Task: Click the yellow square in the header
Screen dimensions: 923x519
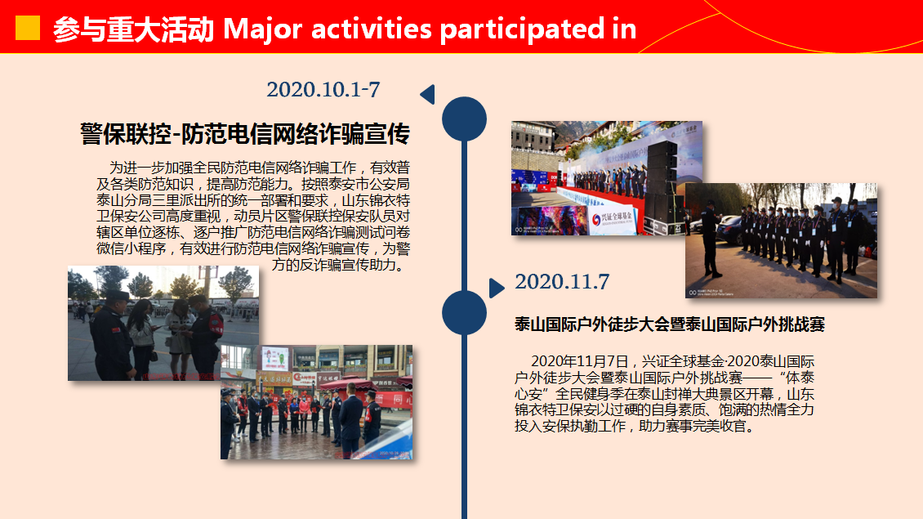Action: [28, 28]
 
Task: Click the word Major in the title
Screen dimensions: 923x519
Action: [262, 29]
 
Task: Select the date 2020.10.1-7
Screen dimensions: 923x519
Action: [323, 90]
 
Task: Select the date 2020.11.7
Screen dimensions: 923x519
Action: [562, 282]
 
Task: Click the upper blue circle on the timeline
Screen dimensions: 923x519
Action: [465, 119]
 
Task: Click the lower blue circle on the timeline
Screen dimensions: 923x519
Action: [465, 312]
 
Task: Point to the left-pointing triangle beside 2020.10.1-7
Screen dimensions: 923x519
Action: [428, 94]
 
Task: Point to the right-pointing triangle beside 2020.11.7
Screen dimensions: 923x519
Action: [497, 288]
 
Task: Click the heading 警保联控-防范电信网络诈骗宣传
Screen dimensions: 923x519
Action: [245, 134]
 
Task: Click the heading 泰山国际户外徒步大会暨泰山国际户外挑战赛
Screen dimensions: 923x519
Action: [670, 324]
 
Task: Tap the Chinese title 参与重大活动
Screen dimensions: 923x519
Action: [134, 29]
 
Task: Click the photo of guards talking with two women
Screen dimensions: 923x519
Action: [163, 323]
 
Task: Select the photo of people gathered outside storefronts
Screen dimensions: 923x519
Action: [317, 402]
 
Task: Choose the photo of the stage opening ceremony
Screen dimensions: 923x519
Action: [607, 178]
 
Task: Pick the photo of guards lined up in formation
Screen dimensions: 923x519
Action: [781, 240]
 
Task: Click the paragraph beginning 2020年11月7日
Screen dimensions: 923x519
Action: [665, 393]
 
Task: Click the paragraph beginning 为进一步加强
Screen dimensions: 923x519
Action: [253, 217]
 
